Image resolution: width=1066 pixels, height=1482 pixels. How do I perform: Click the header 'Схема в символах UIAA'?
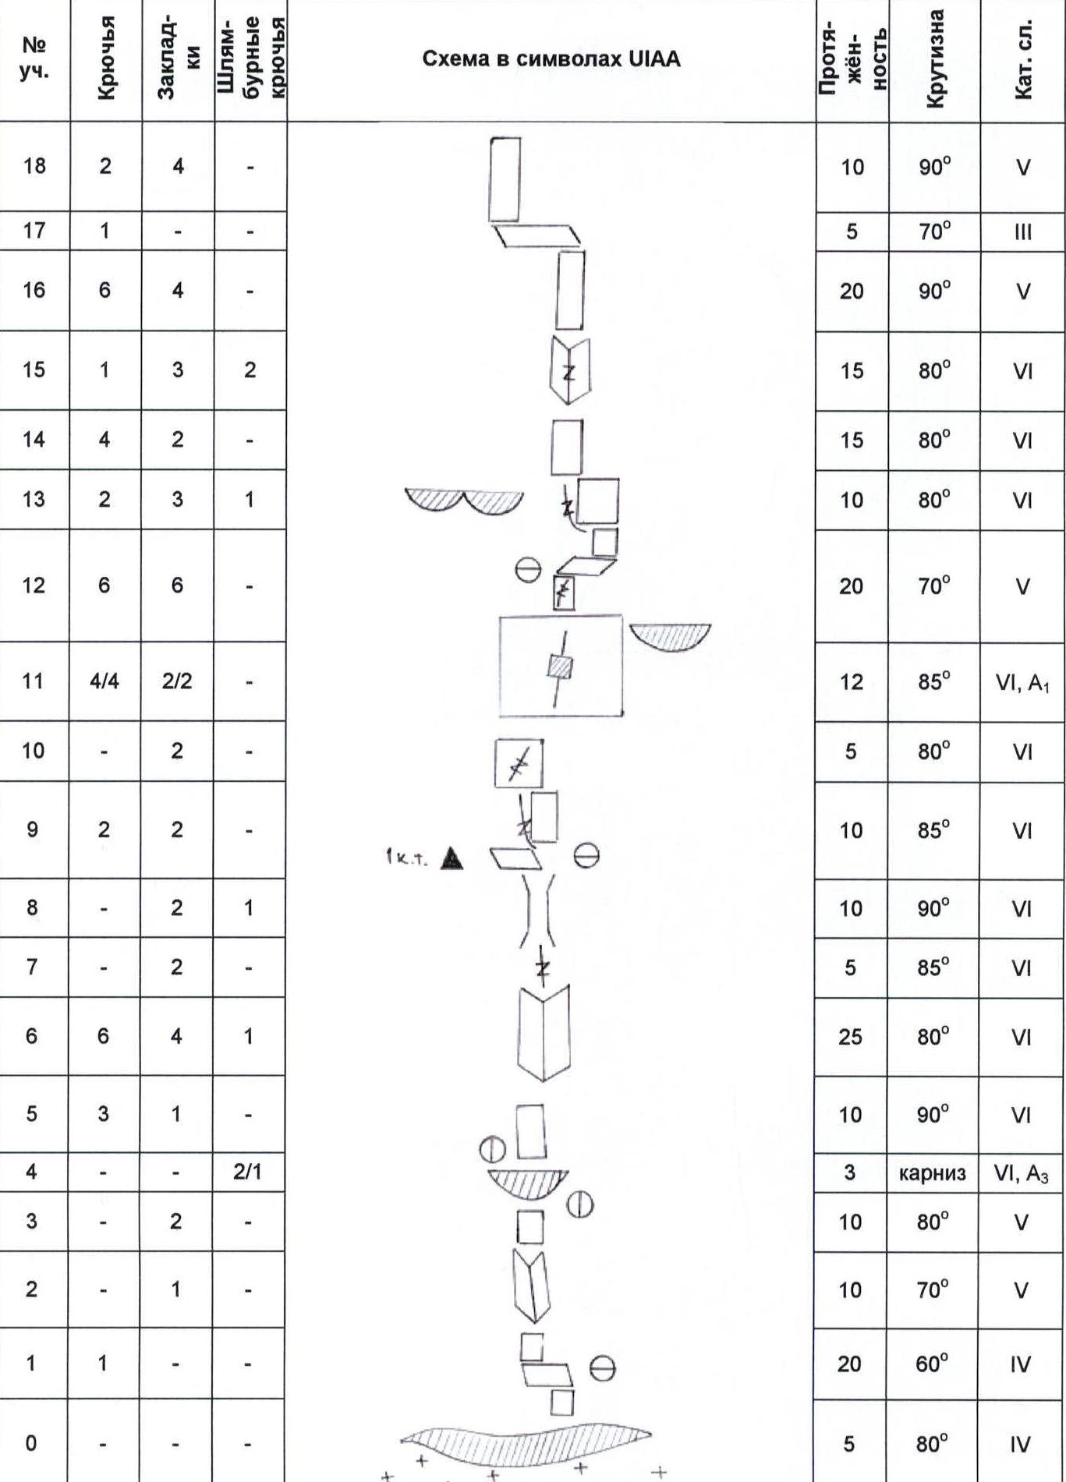coord(551,59)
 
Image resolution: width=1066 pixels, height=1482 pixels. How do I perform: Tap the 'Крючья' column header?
coord(106,58)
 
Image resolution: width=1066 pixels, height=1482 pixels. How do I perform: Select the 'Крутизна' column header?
coord(934,58)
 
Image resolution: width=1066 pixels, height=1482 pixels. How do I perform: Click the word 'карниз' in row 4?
coord(933,1173)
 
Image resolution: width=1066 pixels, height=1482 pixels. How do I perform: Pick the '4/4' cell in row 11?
coord(104,681)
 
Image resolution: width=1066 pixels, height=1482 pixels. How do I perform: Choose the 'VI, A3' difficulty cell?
coord(1021,1173)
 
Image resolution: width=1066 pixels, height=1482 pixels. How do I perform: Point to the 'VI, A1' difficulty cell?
coord(1022,683)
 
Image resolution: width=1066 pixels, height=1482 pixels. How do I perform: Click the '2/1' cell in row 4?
coord(247,1171)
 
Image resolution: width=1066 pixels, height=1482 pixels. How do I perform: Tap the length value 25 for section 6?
coord(850,1037)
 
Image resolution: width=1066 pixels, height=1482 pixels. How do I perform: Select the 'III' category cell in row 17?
coord(1022,232)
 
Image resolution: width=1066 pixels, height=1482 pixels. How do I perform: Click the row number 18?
coord(34,165)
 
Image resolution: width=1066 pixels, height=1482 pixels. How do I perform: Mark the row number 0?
coord(31,1443)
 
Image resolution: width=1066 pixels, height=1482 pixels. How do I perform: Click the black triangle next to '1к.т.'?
coord(452,858)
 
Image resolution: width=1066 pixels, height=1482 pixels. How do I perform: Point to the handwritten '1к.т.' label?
coord(406,858)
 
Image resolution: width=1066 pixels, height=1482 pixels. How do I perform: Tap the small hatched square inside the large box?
coord(560,667)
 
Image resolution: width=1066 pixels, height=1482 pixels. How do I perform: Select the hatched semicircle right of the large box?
coord(670,634)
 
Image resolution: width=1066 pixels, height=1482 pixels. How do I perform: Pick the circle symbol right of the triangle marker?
coord(586,857)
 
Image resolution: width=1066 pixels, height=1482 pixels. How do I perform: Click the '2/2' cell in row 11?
coord(177,681)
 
